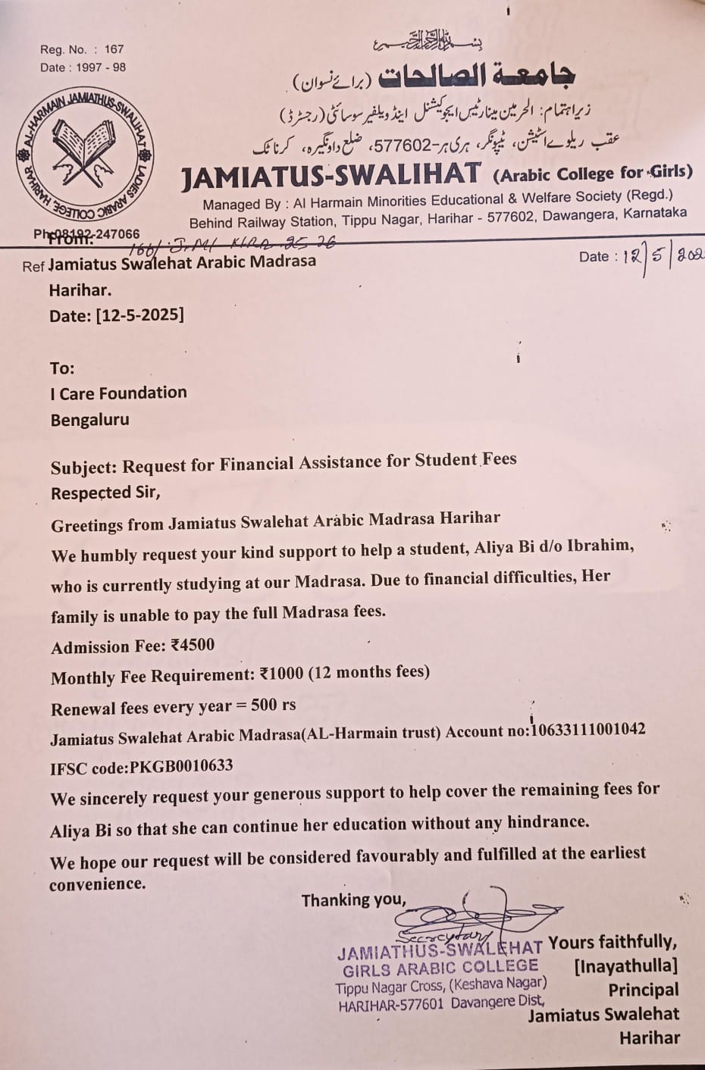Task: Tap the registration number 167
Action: point(114,49)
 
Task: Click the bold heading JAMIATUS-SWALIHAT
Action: point(331,176)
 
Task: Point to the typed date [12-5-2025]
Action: point(139,314)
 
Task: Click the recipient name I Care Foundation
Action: point(118,393)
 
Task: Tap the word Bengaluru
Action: point(89,419)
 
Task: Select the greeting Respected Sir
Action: point(105,493)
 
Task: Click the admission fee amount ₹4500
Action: point(193,645)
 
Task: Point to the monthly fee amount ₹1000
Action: point(281,673)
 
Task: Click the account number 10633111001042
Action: point(588,730)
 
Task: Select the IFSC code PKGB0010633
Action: point(181,766)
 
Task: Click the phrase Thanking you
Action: point(353,899)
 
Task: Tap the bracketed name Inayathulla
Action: point(625,965)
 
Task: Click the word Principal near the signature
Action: point(644,990)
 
